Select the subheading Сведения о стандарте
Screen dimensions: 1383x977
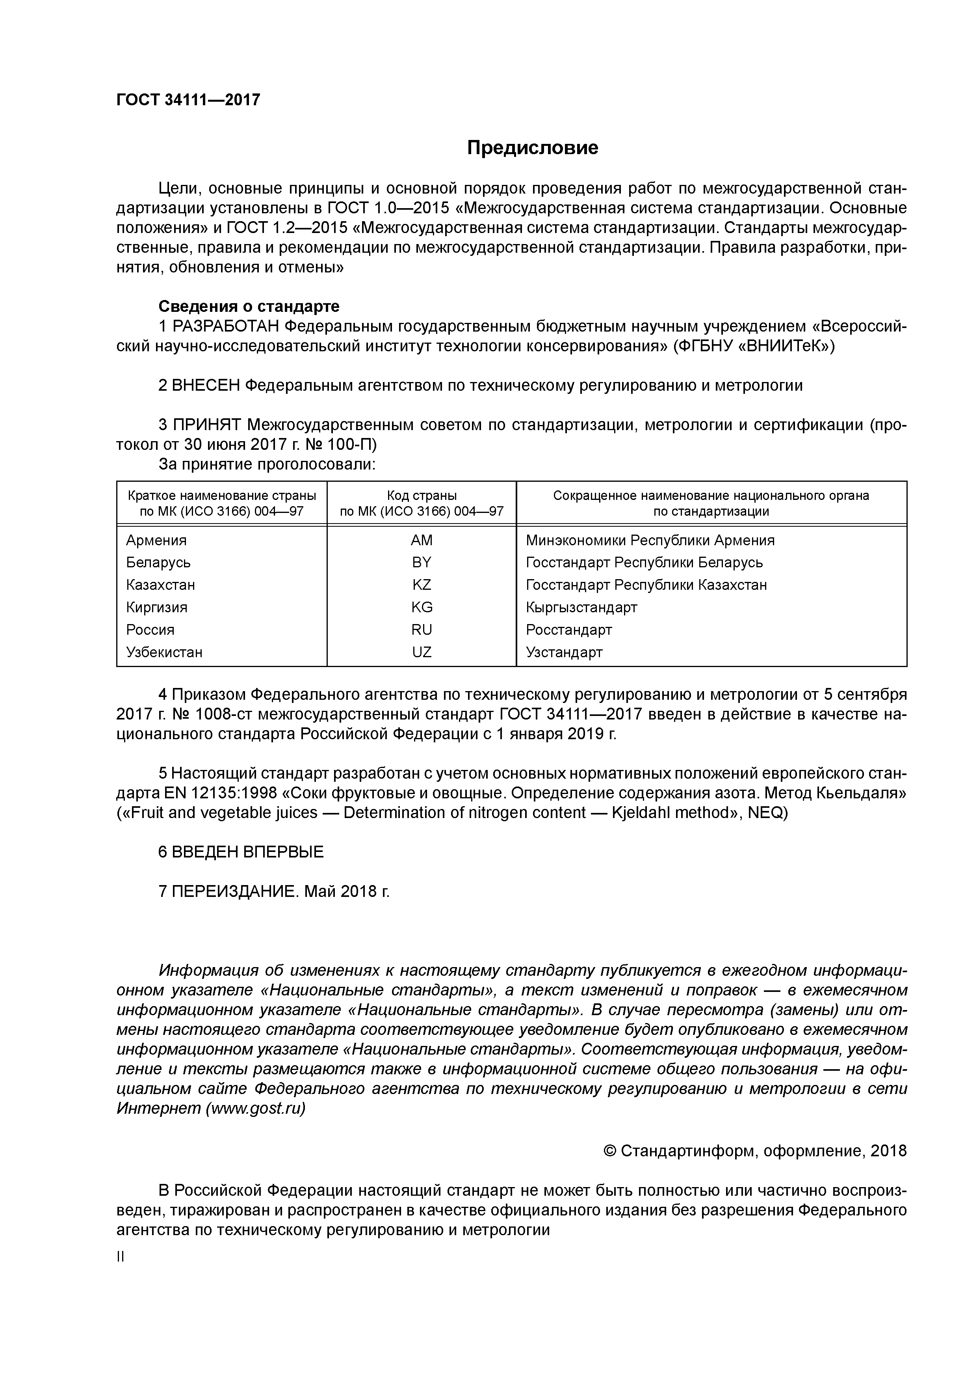(x=249, y=307)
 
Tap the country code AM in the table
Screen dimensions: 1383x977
(x=422, y=541)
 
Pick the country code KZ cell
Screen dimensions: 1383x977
(x=422, y=585)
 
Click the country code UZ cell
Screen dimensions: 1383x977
(x=422, y=652)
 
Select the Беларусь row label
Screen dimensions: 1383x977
(x=158, y=563)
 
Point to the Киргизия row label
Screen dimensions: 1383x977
(x=156, y=607)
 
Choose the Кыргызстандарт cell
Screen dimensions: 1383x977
(x=581, y=607)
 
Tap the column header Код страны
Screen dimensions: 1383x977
(x=422, y=496)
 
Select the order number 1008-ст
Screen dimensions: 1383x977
(x=196, y=714)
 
